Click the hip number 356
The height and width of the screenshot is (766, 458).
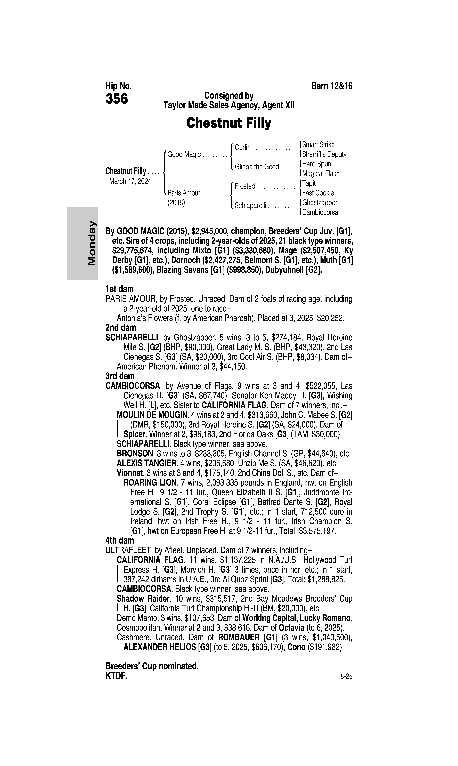(117, 99)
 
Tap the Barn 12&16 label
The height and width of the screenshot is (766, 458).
(332, 86)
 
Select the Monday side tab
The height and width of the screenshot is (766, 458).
(83, 244)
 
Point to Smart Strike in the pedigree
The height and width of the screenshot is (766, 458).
(318, 144)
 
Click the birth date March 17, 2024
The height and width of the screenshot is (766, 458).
(130, 181)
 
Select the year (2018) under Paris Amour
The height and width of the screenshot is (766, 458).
(176, 203)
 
